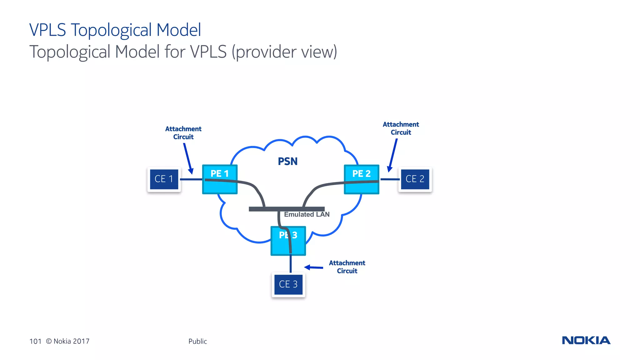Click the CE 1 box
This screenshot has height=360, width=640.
pos(164,179)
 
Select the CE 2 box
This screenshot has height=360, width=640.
pos(415,179)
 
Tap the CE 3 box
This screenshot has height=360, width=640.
pos(288,284)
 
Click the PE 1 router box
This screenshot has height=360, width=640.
pos(220,179)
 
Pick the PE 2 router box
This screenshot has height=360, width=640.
pos(362,179)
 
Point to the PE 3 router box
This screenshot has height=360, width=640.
pos(288,241)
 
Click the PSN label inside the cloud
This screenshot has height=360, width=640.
pos(287,161)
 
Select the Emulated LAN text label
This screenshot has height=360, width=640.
pos(307,215)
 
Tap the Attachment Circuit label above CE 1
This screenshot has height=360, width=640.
pos(183,133)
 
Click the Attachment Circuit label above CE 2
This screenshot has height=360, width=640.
pos(401,128)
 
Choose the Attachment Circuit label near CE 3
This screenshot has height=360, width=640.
pos(347,267)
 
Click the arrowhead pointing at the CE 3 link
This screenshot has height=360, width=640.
pos(307,267)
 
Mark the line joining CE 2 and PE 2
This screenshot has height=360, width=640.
pos(390,179)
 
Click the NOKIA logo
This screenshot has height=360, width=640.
pos(586,340)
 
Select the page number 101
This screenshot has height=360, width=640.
pos(35,341)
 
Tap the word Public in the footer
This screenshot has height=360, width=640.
pos(197,341)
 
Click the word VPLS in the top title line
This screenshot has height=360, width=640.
pos(47,30)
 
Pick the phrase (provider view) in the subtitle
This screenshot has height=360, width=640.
pos(284,52)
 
